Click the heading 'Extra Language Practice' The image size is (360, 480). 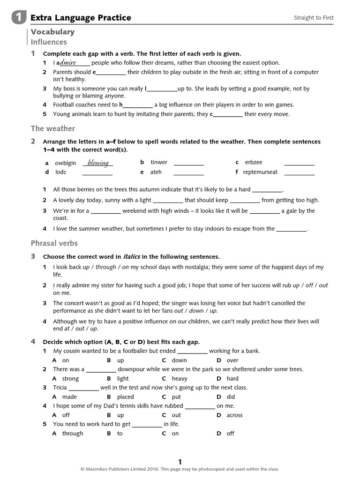click(81, 18)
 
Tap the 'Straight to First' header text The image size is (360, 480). click(314, 18)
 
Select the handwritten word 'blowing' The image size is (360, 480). click(98, 163)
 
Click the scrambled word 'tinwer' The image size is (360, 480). click(159, 162)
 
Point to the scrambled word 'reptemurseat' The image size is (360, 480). click(260, 172)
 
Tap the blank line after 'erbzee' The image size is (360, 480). click(299, 164)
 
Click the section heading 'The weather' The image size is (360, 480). click(52, 128)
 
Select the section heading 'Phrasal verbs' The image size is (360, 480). click(54, 243)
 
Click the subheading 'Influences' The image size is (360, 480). click(49, 42)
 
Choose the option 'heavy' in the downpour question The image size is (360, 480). click(180, 378)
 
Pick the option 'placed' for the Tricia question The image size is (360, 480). click(125, 397)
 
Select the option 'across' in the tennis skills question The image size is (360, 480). click(234, 415)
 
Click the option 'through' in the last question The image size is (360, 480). click(73, 433)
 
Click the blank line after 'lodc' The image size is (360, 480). click(97, 174)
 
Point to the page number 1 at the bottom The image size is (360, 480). click(180, 461)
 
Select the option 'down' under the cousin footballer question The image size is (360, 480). click(179, 360)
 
